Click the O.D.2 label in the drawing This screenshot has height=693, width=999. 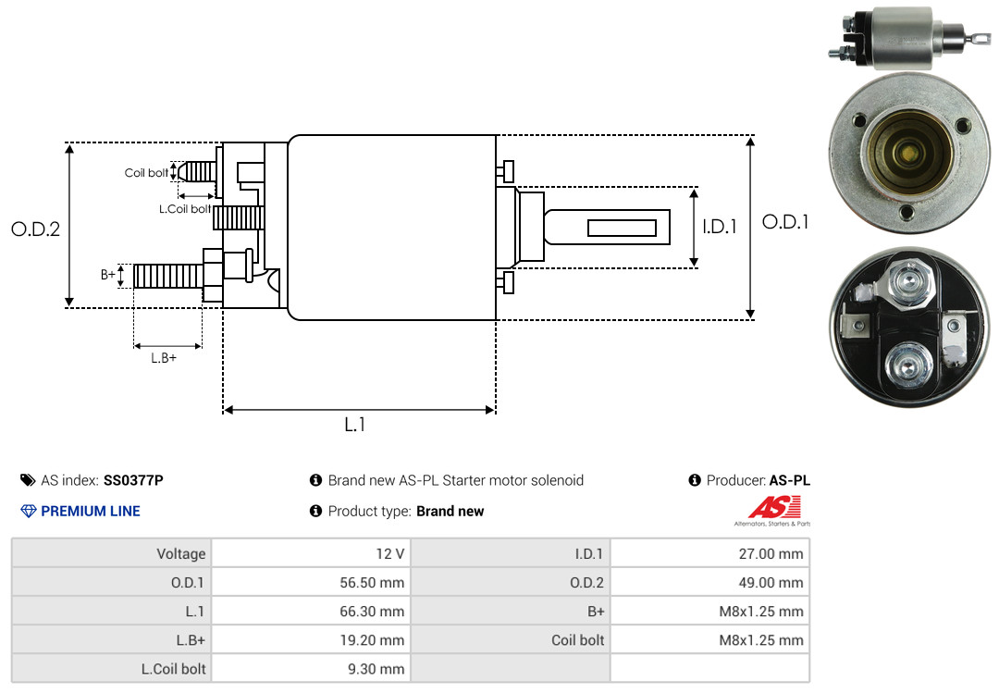(x=36, y=229)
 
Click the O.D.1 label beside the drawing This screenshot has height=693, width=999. (x=785, y=222)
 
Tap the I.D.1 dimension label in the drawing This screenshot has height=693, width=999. (x=720, y=227)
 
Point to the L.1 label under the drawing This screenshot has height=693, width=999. (x=355, y=424)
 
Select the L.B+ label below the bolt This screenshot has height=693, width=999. (x=164, y=358)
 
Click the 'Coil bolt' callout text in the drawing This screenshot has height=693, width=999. (x=146, y=173)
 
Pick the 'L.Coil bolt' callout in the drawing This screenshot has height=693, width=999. (x=185, y=208)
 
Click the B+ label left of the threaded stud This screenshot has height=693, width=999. (x=107, y=274)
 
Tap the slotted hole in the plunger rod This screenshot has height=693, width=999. (x=622, y=228)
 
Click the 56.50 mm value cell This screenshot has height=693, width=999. (x=312, y=582)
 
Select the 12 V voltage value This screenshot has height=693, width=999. (x=390, y=553)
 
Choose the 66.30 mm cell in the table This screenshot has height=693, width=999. (x=312, y=611)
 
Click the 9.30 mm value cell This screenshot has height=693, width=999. (x=312, y=668)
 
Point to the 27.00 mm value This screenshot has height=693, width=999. (x=771, y=553)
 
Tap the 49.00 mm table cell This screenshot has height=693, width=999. (x=709, y=582)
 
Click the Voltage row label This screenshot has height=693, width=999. (x=181, y=553)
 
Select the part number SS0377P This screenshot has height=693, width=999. (x=133, y=480)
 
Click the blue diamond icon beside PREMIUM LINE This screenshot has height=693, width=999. (x=29, y=511)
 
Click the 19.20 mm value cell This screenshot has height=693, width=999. (x=312, y=639)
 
